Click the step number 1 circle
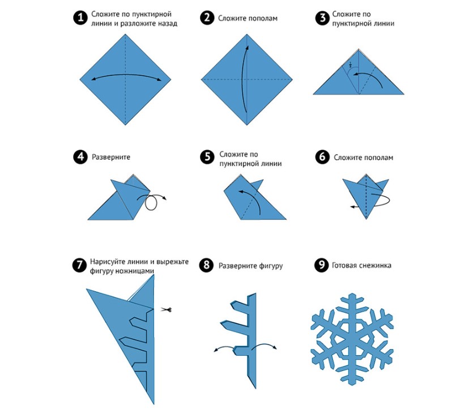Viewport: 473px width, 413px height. click(80, 18)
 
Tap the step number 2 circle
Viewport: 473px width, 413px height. click(207, 18)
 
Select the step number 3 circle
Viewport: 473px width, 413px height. click(322, 18)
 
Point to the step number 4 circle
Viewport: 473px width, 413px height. click(80, 157)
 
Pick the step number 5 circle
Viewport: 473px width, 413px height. click(207, 157)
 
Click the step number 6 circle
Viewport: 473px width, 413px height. click(322, 157)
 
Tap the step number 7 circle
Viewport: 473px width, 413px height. click(80, 265)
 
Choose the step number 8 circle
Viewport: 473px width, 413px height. click(206, 265)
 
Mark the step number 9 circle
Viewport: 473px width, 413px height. click(321, 265)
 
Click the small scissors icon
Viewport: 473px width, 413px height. click(166, 309)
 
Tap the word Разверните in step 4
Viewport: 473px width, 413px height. click(111, 157)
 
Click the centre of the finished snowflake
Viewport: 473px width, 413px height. click(352, 339)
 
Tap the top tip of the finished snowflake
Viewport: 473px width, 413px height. click(352, 293)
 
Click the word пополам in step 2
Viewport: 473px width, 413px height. click(262, 18)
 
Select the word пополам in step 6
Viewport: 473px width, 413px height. click(378, 158)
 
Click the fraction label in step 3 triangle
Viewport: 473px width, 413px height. click(351, 65)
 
